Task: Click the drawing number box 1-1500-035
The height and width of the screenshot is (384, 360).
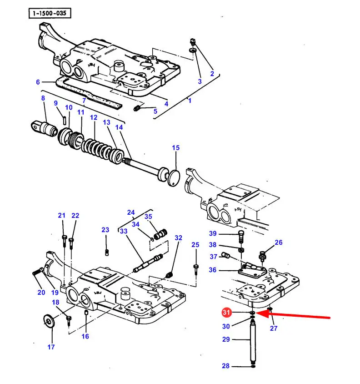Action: coord(50,13)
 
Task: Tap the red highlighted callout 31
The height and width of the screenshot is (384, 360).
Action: coord(226,312)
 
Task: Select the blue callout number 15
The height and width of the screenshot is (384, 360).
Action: coord(176,148)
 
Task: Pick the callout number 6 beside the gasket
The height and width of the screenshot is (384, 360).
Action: coord(38,82)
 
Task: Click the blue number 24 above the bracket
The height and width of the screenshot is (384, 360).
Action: coord(131,212)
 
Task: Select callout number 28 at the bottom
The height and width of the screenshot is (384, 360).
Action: coord(225,366)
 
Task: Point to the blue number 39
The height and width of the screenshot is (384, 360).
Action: coord(213,233)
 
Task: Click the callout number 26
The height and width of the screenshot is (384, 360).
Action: coord(279,243)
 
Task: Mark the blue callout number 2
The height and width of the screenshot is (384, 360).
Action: coord(212,73)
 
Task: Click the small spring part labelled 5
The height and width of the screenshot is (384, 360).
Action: coord(137,108)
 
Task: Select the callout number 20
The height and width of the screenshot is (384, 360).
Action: coord(41,292)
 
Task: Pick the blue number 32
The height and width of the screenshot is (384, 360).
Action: coord(179,238)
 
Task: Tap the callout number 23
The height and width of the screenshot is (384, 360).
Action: coord(105,230)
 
